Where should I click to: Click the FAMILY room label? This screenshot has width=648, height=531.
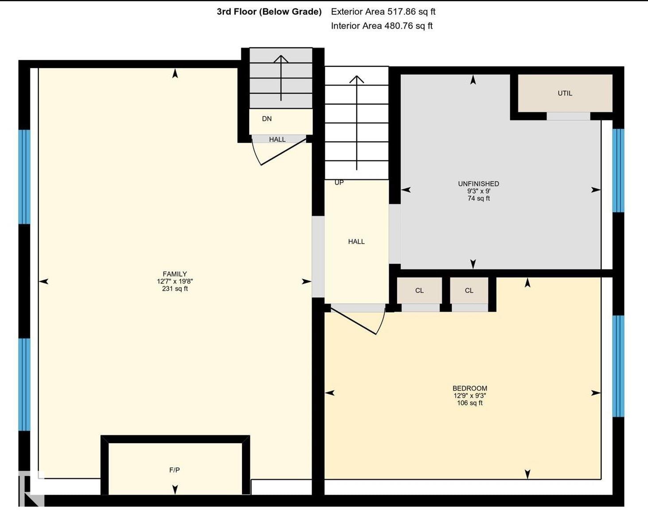[175, 274]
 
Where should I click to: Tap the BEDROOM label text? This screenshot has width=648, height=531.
[470, 388]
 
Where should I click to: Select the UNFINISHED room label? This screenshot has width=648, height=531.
[478, 183]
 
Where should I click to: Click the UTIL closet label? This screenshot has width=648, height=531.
[565, 93]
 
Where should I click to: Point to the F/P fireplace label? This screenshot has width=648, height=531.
[175, 470]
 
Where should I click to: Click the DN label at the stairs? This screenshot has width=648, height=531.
[267, 119]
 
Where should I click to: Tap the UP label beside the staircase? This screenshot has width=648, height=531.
[339, 182]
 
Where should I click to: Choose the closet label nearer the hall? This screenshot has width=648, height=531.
[419, 291]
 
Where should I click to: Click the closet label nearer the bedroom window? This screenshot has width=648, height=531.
[469, 291]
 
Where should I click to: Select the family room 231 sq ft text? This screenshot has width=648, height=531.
[175, 288]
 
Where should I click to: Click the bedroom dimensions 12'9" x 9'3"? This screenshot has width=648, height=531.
[470, 395]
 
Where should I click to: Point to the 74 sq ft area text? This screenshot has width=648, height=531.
[479, 198]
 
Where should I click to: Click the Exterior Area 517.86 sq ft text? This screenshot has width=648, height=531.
[383, 12]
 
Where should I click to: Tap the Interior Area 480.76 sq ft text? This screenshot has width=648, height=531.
[382, 26]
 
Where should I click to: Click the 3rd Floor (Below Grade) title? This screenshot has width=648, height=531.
[269, 12]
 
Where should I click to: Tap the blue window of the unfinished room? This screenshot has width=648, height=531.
[618, 171]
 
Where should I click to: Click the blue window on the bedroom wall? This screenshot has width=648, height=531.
[618, 366]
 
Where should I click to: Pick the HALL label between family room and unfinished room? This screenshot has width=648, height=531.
[356, 241]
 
